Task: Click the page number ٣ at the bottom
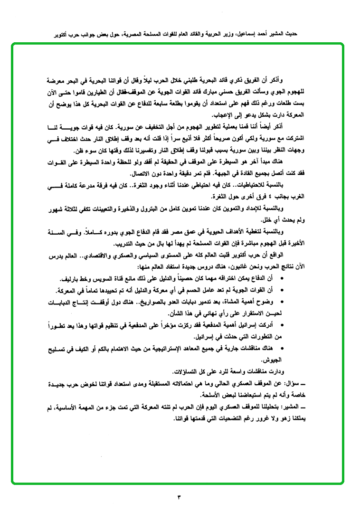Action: click(x=180, y=497)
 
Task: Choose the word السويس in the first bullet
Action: click(x=119, y=278)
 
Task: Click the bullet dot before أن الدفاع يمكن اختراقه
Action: click(x=283, y=278)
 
